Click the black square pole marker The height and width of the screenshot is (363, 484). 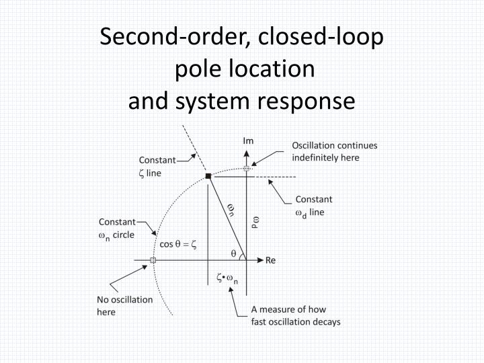(208, 176)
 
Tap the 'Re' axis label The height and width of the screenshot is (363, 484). (271, 259)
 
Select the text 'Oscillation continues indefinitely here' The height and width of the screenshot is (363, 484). (334, 151)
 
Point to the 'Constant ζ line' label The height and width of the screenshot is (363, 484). (157, 166)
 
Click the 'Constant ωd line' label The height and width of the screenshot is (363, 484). (313, 206)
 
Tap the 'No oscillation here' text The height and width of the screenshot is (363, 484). (124, 306)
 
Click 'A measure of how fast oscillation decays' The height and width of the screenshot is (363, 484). (296, 316)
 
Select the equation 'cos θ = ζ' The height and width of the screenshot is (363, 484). (177, 244)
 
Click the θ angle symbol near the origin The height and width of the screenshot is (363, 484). (233, 253)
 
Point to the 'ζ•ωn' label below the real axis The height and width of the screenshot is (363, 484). (226, 278)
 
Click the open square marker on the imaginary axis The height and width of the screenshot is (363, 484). (247, 168)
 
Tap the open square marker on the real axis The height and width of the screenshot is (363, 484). (153, 259)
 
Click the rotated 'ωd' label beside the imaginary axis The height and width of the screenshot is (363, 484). (254, 223)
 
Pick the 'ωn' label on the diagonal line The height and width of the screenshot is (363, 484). (231, 210)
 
